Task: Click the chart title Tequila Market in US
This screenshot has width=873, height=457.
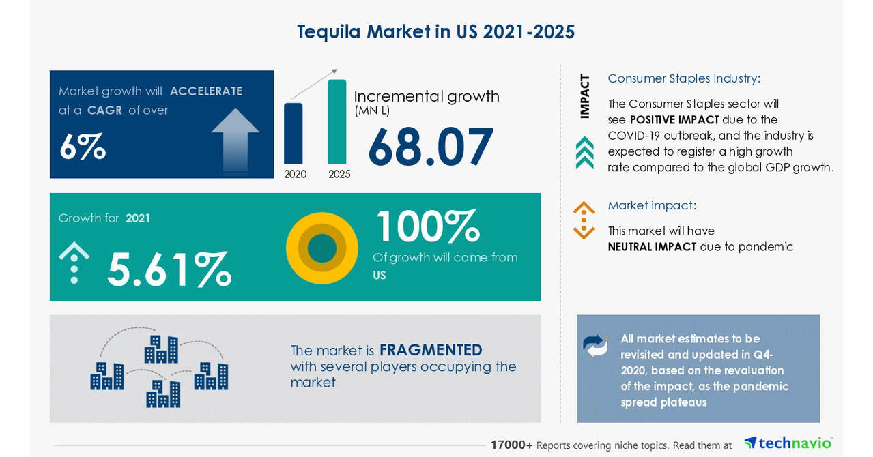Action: pyautogui.click(x=435, y=32)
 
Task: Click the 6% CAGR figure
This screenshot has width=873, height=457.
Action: pyautogui.click(x=83, y=147)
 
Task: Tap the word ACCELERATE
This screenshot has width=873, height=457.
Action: pyautogui.click(x=206, y=91)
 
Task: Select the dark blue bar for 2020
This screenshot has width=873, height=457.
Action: pyautogui.click(x=294, y=134)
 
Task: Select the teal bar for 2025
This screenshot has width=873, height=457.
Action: pyautogui.click(x=337, y=122)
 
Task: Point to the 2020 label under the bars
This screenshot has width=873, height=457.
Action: pyautogui.click(x=296, y=175)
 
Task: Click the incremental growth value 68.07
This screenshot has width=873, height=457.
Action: pyautogui.click(x=430, y=147)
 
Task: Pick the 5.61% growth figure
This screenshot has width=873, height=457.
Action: pyautogui.click(x=169, y=269)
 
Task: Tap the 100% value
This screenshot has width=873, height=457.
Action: pyautogui.click(x=427, y=226)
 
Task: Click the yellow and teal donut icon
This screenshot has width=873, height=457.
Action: pyautogui.click(x=322, y=248)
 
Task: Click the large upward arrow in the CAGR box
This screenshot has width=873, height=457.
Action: pyautogui.click(x=235, y=138)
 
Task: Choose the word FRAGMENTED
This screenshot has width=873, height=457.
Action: pyautogui.click(x=431, y=350)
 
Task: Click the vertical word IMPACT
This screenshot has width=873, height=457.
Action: pyautogui.click(x=585, y=96)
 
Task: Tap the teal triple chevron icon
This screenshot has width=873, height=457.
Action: pyautogui.click(x=584, y=153)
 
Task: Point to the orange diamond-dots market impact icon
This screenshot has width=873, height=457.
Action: pyautogui.click(x=584, y=220)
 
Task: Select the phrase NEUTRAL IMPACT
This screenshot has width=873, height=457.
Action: pyautogui.click(x=652, y=247)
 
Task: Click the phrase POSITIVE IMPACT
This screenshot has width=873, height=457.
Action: pyautogui.click(x=674, y=120)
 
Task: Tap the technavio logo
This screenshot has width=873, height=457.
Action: pyautogui.click(x=788, y=443)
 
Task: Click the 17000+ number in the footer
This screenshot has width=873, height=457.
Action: pyautogui.click(x=512, y=445)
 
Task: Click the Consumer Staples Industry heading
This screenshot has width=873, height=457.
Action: pyautogui.click(x=684, y=78)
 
